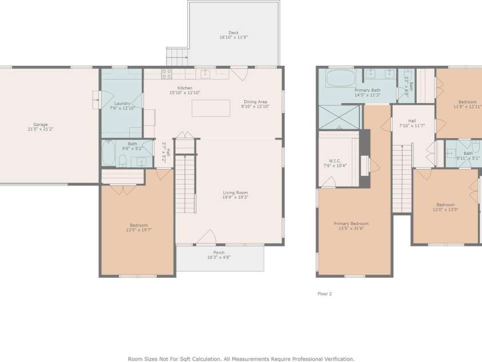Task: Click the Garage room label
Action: [40, 124]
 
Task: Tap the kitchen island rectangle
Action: [210, 108]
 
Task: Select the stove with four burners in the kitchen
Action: [166, 74]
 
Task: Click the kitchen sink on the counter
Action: [205, 74]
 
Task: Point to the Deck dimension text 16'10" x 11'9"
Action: [233, 38]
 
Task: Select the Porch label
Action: [219, 253]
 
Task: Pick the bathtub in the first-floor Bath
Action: [109, 154]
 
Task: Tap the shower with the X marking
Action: [339, 117]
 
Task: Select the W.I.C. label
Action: [334, 160]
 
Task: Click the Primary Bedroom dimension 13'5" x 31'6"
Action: [351, 229]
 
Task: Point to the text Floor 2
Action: [324, 294]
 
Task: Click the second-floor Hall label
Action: [412, 121]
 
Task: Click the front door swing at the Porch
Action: [206, 238]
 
